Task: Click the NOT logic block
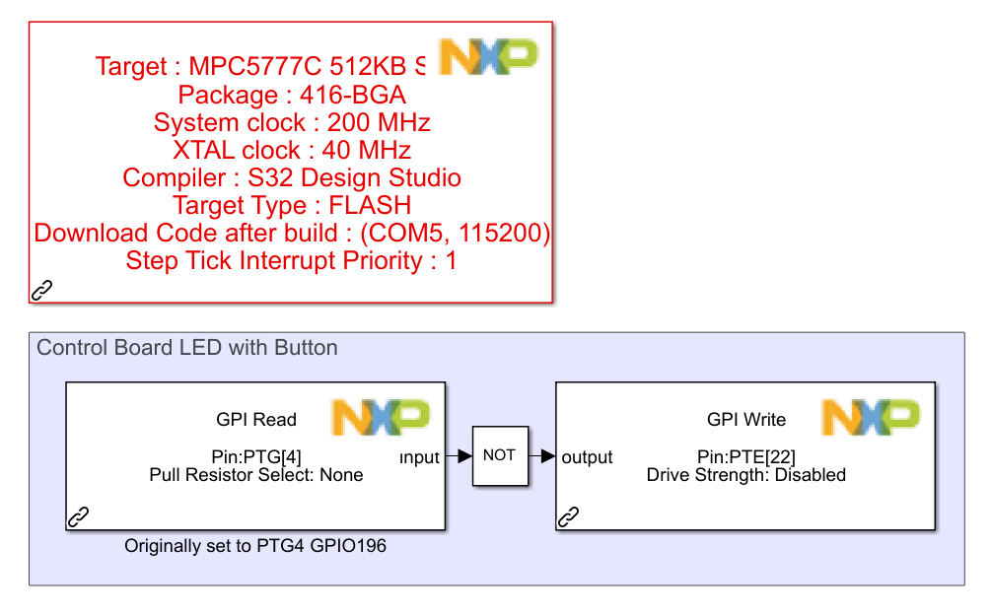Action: (500, 455)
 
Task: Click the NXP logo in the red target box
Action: (488, 57)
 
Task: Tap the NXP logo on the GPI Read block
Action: (381, 417)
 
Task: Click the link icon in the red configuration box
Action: (42, 290)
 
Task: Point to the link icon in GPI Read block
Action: (78, 516)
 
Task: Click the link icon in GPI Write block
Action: (569, 516)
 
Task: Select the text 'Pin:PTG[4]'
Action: (256, 456)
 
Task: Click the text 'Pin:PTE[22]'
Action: (746, 456)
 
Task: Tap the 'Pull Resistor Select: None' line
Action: (256, 475)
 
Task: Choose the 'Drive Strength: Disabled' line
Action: (746, 475)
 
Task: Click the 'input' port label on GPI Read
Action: (419, 457)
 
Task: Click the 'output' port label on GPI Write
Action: (587, 457)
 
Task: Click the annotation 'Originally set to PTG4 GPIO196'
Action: (255, 545)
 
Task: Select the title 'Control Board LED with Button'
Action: (187, 348)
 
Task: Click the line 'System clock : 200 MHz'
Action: (292, 123)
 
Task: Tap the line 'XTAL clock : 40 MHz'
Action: (292, 151)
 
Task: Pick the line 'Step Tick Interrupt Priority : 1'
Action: (292, 261)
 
